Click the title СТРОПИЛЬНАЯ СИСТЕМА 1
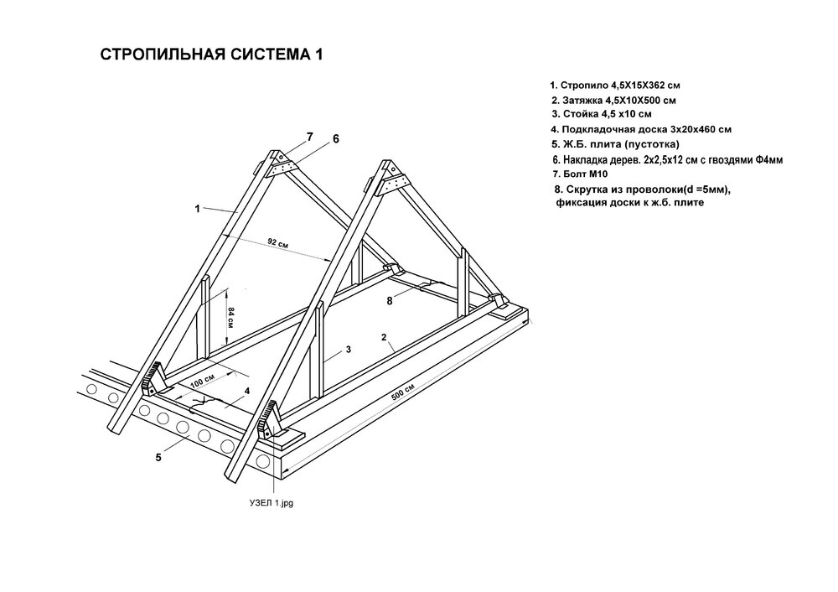pyautogui.click(x=211, y=55)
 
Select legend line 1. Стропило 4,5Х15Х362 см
pyautogui.click(x=615, y=86)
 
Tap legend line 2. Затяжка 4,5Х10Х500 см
pyautogui.click(x=614, y=101)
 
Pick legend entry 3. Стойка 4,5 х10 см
pyautogui.click(x=602, y=114)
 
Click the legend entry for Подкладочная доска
pyautogui.click(x=641, y=129)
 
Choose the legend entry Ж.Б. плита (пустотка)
pyautogui.click(x=616, y=144)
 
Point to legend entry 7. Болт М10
pyautogui.click(x=580, y=174)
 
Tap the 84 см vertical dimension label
pyautogui.click(x=231, y=317)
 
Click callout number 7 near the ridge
pyautogui.click(x=310, y=137)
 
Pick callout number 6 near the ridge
pyautogui.click(x=336, y=139)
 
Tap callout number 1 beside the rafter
pyautogui.click(x=197, y=209)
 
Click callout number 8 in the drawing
pyautogui.click(x=390, y=301)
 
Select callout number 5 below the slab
pyautogui.click(x=158, y=458)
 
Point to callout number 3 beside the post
pyautogui.click(x=349, y=350)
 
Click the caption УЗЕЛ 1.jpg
pyautogui.click(x=272, y=503)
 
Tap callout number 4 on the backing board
pyautogui.click(x=247, y=391)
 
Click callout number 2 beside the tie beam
pyautogui.click(x=384, y=337)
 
